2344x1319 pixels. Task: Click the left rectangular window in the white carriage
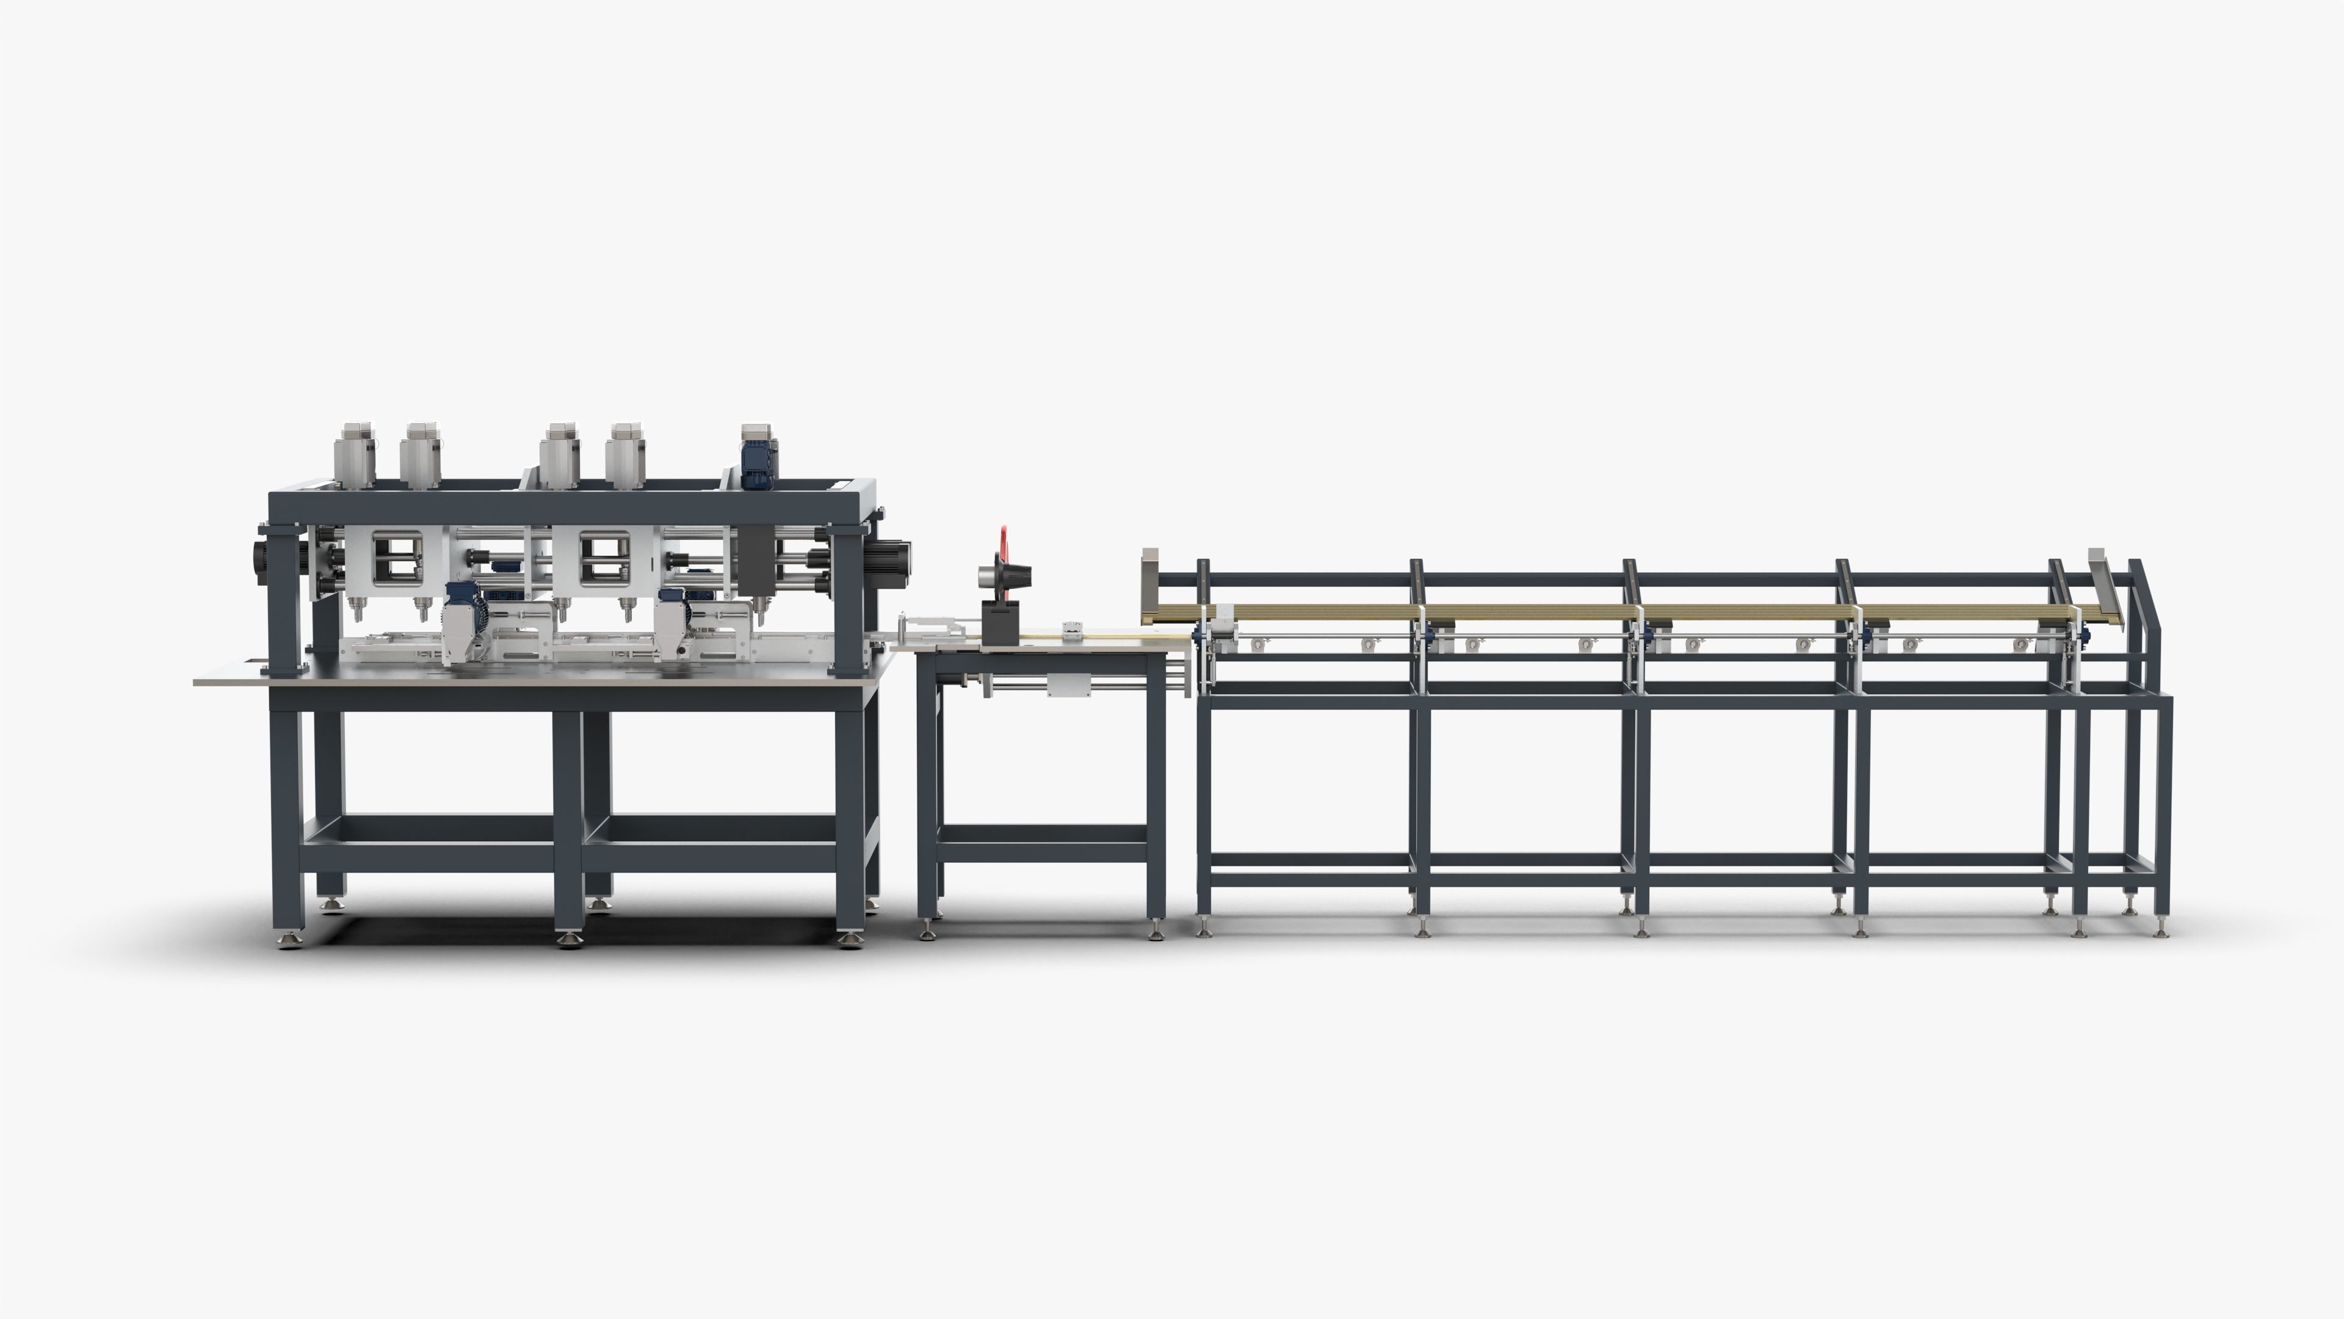(397, 558)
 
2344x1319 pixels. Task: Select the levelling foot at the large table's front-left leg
(289, 939)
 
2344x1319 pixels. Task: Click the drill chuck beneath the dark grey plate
(755, 605)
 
